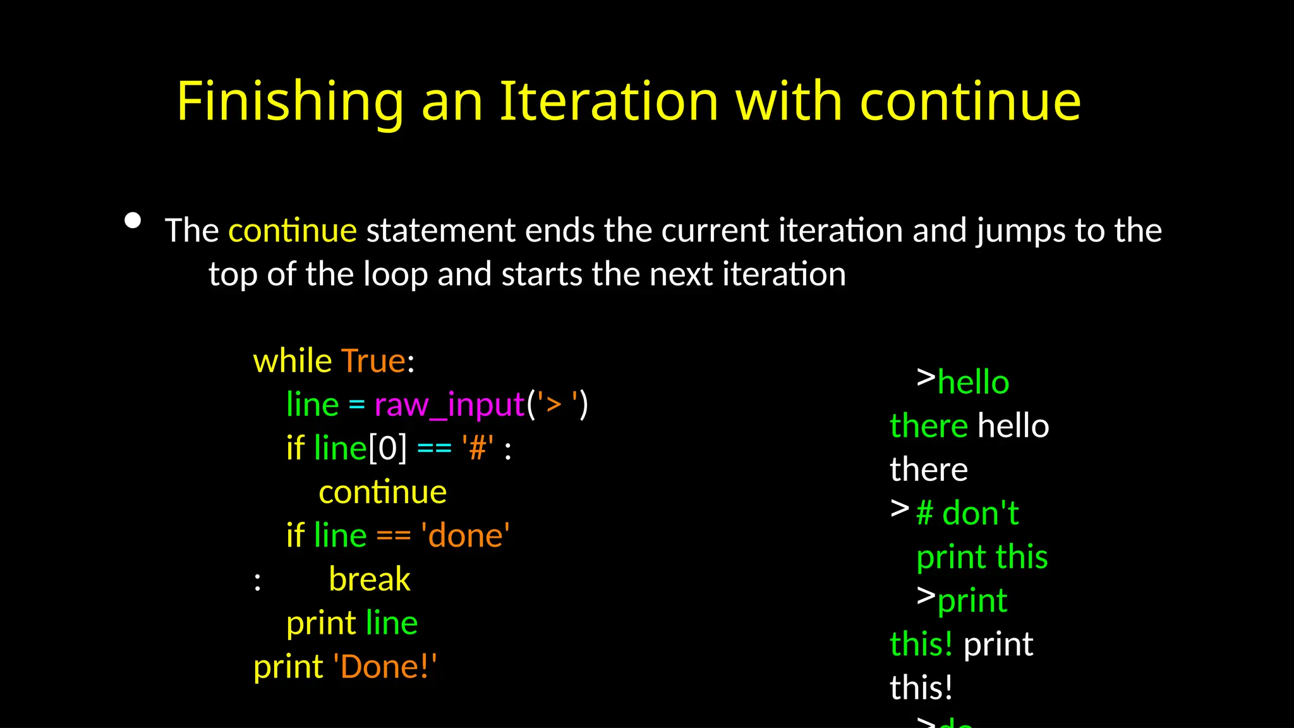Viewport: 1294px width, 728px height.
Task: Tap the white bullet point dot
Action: (133, 221)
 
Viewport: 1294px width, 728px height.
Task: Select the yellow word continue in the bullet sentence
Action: (293, 230)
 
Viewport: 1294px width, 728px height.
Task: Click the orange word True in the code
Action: (373, 361)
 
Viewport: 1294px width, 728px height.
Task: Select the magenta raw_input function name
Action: (449, 404)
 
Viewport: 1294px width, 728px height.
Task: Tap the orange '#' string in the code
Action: (478, 448)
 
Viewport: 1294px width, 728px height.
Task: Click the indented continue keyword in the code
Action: (382, 492)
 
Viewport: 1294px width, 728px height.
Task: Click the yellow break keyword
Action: (370, 579)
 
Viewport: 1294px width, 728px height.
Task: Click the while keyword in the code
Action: (292, 361)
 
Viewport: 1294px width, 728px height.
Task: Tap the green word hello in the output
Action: (973, 382)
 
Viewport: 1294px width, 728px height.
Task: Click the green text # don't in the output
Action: (967, 513)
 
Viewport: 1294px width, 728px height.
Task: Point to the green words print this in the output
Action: (982, 557)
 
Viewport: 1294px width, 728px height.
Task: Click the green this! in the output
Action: (921, 644)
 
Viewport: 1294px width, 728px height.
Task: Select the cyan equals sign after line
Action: (356, 404)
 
